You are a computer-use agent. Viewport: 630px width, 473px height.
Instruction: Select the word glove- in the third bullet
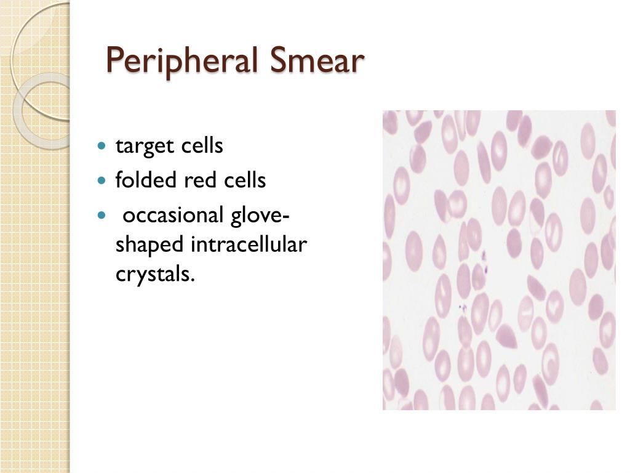(x=261, y=217)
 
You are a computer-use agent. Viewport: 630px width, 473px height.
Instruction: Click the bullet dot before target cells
(x=103, y=147)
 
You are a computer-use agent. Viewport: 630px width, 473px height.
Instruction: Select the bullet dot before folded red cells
(x=103, y=182)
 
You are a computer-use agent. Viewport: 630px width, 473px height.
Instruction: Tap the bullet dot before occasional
(x=103, y=216)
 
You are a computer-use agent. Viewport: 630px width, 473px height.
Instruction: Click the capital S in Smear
(x=277, y=60)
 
